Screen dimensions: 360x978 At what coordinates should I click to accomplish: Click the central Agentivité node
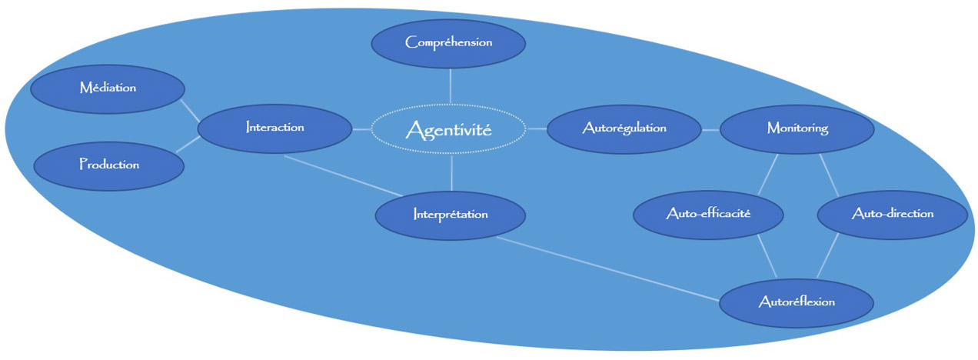click(449, 130)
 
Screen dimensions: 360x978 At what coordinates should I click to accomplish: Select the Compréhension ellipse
click(449, 42)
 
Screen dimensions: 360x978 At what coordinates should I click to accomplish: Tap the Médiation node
click(108, 88)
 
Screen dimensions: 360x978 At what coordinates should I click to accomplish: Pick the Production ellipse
click(109, 165)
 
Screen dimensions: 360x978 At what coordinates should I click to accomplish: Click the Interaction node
click(275, 128)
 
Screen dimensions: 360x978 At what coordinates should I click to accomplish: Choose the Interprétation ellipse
click(451, 214)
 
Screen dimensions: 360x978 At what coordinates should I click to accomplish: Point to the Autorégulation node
click(624, 128)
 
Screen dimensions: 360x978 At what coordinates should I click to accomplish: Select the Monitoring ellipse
click(797, 128)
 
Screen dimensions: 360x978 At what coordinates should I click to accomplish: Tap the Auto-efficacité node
click(708, 214)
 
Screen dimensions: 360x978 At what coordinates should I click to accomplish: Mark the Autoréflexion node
click(797, 302)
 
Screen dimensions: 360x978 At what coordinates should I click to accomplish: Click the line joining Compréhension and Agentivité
click(450, 85)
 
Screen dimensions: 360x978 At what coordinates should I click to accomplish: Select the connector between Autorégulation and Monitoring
click(710, 129)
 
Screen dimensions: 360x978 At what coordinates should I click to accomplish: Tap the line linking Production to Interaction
click(188, 145)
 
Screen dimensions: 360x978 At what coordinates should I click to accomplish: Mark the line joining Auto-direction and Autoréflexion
click(827, 258)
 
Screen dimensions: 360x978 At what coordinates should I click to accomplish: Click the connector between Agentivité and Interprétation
click(451, 172)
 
